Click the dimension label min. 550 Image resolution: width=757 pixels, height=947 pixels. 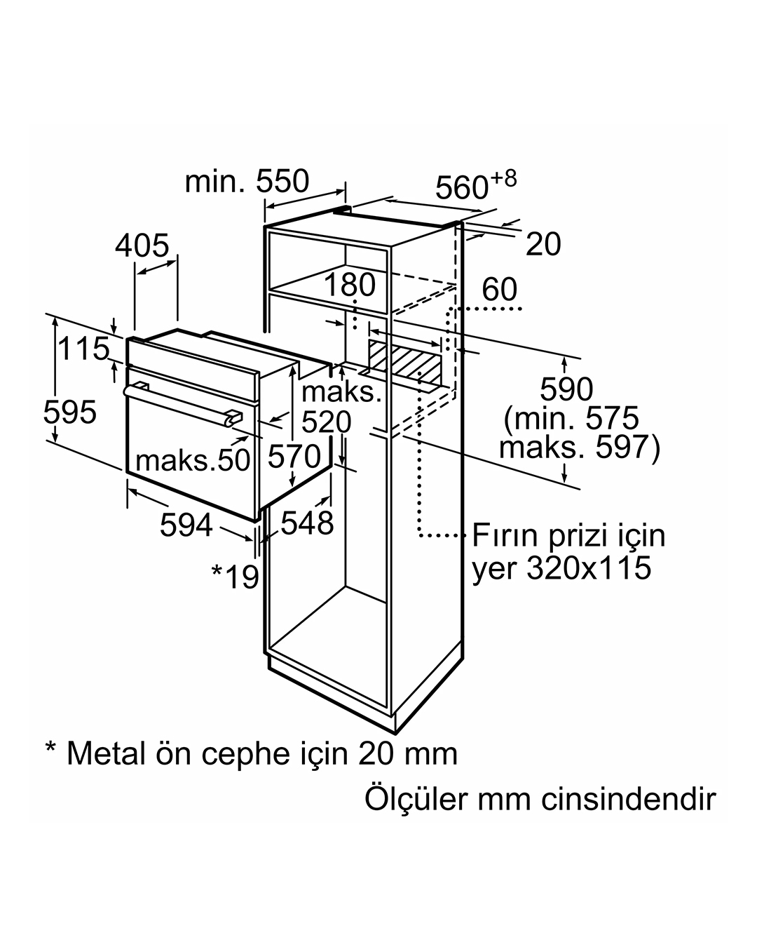tap(247, 181)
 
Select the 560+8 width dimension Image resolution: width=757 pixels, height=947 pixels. tap(475, 185)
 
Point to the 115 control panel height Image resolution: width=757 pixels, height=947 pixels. tap(83, 349)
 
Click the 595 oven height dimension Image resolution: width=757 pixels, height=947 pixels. tap(70, 412)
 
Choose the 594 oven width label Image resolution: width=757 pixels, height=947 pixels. tap(186, 525)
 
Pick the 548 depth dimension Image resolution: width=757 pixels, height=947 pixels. tap(307, 523)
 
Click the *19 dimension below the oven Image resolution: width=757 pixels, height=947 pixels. tap(236, 577)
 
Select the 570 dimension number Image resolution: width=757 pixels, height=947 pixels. tap(294, 456)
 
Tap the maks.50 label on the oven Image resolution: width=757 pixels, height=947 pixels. tap(193, 461)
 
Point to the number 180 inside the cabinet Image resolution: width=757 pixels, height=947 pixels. tap(350, 285)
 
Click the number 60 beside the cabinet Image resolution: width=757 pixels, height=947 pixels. tap(499, 289)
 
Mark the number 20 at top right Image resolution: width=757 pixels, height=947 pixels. tap(543, 244)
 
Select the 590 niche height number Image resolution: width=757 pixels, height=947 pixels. tap(566, 389)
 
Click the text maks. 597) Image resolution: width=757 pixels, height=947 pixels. tap(579, 448)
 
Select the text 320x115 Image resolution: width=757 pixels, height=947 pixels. tap(589, 567)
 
